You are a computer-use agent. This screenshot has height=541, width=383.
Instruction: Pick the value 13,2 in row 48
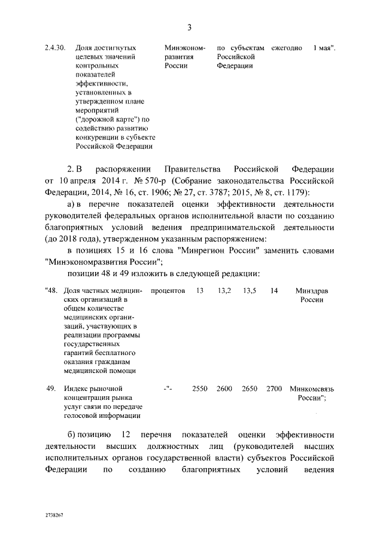(224, 291)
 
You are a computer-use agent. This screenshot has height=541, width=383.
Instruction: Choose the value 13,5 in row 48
(250, 291)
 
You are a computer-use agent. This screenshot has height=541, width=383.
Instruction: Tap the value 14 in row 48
(274, 291)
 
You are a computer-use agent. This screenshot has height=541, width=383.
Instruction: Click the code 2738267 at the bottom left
(54, 514)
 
